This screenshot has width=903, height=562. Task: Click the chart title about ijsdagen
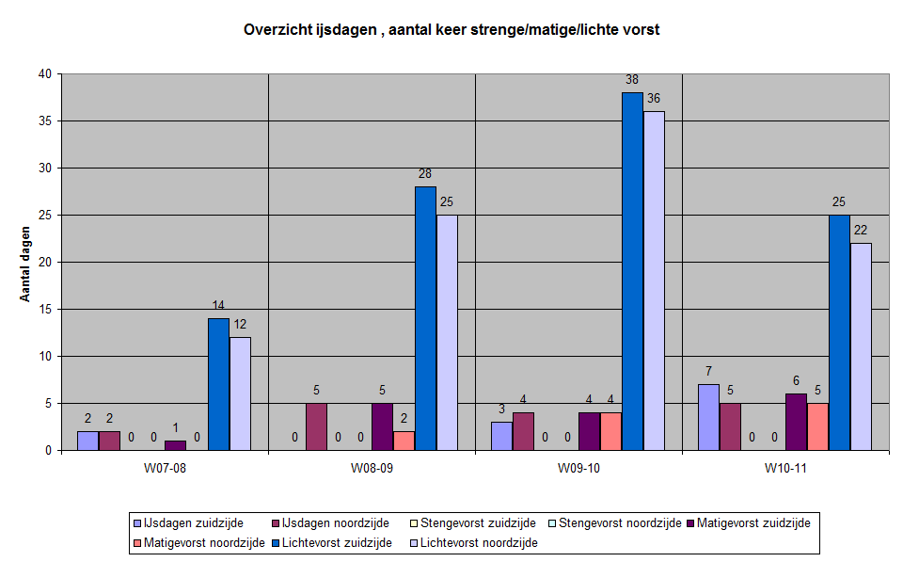[x=451, y=29]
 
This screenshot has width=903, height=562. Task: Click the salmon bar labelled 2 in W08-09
[x=404, y=441]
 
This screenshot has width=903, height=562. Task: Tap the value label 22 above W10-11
[x=861, y=231]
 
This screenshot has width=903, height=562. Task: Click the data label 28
[x=425, y=174]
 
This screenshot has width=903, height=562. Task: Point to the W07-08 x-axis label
[x=165, y=468]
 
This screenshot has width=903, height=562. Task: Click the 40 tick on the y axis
[x=43, y=74]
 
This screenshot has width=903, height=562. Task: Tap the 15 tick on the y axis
[x=43, y=310]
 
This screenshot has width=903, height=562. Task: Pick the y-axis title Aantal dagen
[x=25, y=263]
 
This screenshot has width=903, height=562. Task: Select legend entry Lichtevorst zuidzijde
[x=339, y=542]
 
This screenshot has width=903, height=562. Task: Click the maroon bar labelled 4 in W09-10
[x=524, y=431]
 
